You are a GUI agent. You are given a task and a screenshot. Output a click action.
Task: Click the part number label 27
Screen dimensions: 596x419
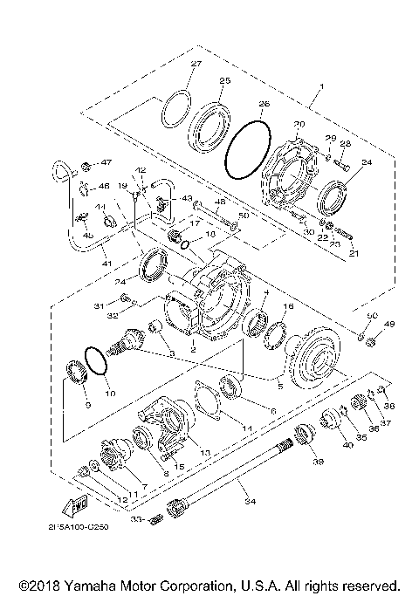tap(196, 65)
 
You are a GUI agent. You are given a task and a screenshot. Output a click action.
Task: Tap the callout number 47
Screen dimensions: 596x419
tap(107, 163)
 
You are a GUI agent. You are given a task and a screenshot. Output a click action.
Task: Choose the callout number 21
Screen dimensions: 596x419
tap(354, 253)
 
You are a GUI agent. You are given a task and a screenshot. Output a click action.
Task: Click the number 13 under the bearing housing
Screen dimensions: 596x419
tap(206, 453)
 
